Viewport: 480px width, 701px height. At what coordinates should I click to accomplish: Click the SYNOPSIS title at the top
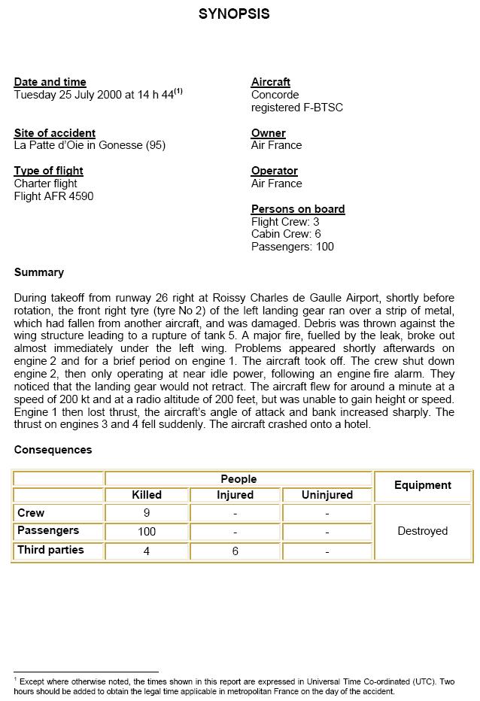(234, 14)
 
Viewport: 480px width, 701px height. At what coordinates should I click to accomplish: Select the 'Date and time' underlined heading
(50, 82)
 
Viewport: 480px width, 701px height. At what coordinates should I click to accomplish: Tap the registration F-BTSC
(297, 108)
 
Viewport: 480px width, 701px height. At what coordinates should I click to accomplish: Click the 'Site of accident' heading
(54, 133)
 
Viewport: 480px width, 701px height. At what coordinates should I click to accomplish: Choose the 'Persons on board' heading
(298, 209)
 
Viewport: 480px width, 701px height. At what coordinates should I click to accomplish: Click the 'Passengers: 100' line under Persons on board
(292, 247)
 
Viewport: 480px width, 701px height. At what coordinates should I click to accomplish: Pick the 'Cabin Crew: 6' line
(286, 234)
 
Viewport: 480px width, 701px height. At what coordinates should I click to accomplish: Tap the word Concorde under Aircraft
(275, 95)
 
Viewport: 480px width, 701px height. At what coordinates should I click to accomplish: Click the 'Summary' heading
(38, 272)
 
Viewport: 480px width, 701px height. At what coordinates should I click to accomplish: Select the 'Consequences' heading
(53, 450)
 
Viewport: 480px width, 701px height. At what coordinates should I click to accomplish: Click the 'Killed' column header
(147, 495)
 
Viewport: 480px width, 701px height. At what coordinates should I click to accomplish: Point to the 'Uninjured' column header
(327, 495)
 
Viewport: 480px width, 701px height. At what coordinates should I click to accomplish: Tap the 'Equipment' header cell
(422, 486)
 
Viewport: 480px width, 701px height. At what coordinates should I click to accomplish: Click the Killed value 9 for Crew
(147, 513)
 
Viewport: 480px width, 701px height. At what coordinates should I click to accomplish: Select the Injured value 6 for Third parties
(235, 551)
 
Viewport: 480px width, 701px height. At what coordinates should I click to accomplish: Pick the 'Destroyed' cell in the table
(422, 531)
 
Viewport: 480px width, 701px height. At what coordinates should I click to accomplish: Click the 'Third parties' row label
(50, 550)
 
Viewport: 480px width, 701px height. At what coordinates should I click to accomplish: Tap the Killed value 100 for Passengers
(147, 532)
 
